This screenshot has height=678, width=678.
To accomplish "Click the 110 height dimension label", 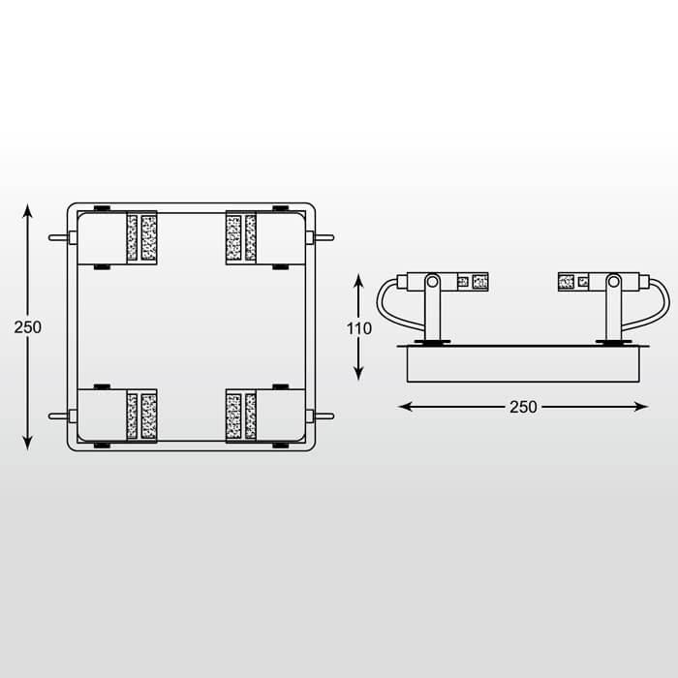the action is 359,328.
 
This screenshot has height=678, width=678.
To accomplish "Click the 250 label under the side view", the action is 523,407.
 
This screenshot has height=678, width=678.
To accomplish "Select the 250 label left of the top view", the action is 28,327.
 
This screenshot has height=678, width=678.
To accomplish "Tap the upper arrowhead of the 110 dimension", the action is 358,281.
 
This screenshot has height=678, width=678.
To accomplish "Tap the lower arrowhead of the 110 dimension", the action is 358,374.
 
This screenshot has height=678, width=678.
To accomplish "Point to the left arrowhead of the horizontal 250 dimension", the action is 405,407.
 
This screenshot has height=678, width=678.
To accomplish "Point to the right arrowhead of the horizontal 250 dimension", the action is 641,407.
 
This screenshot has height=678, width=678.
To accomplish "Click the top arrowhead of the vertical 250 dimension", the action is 28,211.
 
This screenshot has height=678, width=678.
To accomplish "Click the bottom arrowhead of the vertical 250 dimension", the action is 28,444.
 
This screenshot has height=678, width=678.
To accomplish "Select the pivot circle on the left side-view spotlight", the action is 432,282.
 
